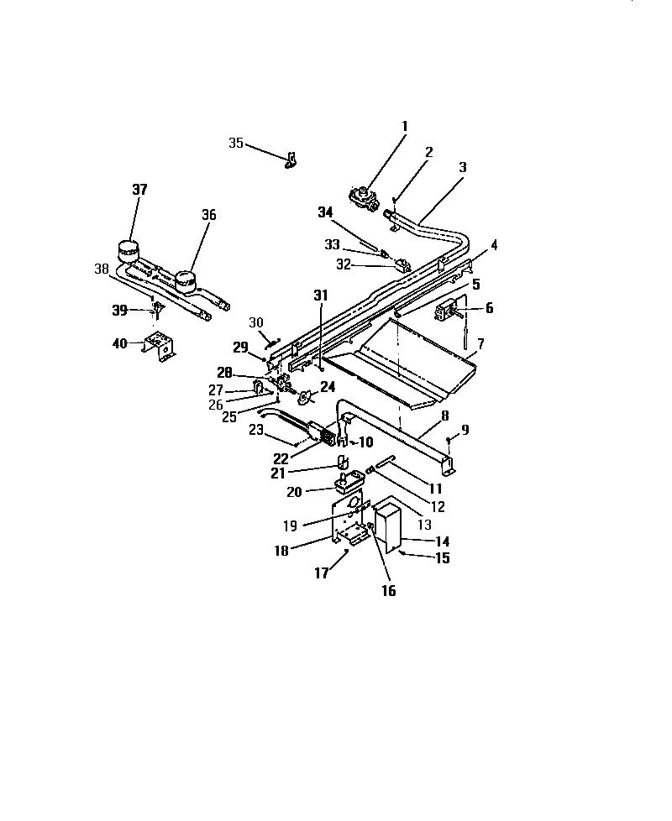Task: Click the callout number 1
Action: tap(404, 126)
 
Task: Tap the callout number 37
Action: tap(139, 190)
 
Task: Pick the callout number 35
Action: tap(236, 144)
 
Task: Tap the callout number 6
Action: tap(489, 308)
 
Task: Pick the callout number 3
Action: tap(463, 167)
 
